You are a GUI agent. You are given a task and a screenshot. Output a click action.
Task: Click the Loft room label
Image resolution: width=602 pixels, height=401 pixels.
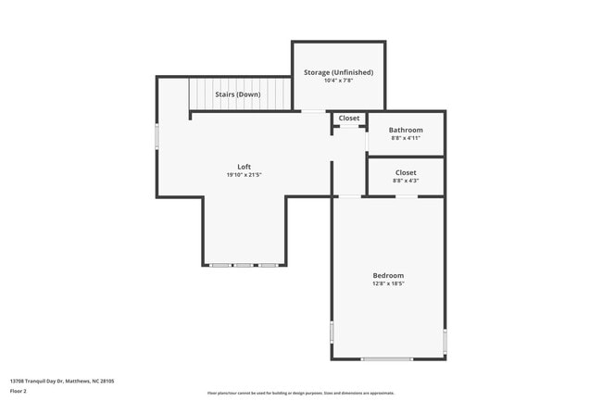pyautogui.click(x=244, y=167)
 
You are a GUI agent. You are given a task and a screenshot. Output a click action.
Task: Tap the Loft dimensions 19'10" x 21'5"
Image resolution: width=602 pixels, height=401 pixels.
pyautogui.click(x=244, y=175)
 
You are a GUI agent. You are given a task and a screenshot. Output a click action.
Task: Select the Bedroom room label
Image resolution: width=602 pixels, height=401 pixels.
pyautogui.click(x=388, y=275)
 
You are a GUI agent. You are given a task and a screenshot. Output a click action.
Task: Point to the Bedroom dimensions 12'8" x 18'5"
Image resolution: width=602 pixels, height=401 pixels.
pyautogui.click(x=388, y=283)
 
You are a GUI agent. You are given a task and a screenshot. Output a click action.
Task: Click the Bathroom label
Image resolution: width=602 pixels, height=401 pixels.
pyautogui.click(x=406, y=130)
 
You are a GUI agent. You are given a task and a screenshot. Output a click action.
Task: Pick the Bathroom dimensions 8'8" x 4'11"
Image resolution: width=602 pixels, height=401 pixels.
pyautogui.click(x=406, y=138)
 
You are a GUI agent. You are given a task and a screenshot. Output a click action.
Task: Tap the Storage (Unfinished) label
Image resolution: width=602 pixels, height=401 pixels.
pyautogui.click(x=338, y=72)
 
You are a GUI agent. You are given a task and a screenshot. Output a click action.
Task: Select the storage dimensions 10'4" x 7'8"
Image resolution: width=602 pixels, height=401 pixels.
pyautogui.click(x=338, y=81)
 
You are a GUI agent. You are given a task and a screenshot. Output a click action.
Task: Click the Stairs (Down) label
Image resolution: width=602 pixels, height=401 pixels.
pyautogui.click(x=238, y=94)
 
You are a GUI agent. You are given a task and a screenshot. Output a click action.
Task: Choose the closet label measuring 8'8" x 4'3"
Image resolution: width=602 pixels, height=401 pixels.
pyautogui.click(x=406, y=172)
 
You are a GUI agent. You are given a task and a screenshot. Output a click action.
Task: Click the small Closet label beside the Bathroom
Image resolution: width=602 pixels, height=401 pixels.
pyautogui.click(x=349, y=119)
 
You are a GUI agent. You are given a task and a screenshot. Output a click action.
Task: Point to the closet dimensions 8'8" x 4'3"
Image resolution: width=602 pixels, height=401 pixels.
pyautogui.click(x=406, y=181)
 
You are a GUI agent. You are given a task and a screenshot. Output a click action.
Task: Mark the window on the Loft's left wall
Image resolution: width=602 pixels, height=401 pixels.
pyautogui.click(x=157, y=137)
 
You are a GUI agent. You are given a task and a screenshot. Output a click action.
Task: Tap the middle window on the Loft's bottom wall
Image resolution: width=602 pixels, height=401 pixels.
pyautogui.click(x=244, y=266)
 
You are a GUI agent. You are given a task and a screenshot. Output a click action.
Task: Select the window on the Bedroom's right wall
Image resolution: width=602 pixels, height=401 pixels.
pyautogui.click(x=445, y=340)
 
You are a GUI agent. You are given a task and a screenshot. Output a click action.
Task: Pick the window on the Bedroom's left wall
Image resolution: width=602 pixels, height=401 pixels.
pyautogui.click(x=332, y=332)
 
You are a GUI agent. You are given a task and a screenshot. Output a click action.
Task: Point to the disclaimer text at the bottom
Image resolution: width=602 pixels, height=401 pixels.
pyautogui.click(x=300, y=394)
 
